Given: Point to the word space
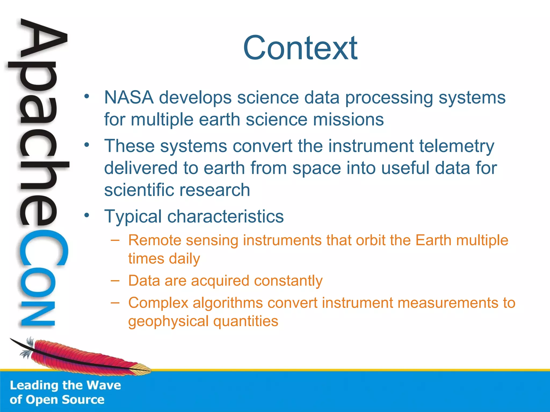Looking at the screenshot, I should point(317,168).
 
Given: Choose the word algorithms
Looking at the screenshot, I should point(227,303).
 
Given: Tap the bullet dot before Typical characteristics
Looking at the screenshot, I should point(86,215).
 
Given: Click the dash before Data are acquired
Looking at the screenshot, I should point(115,280).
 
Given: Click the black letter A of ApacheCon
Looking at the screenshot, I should point(43,40).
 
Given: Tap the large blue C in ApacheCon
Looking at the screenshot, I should point(43,248).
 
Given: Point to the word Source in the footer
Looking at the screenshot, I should point(83,400).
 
